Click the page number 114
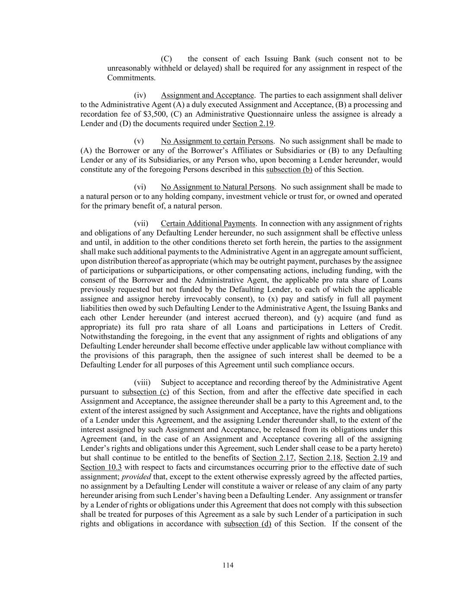(x=228, y=565)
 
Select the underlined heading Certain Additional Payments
(x=208, y=223)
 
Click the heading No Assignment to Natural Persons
(x=218, y=187)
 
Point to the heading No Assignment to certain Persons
(x=217, y=141)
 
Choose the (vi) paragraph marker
(x=140, y=187)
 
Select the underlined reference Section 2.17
(x=273, y=458)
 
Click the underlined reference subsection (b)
(x=289, y=169)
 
